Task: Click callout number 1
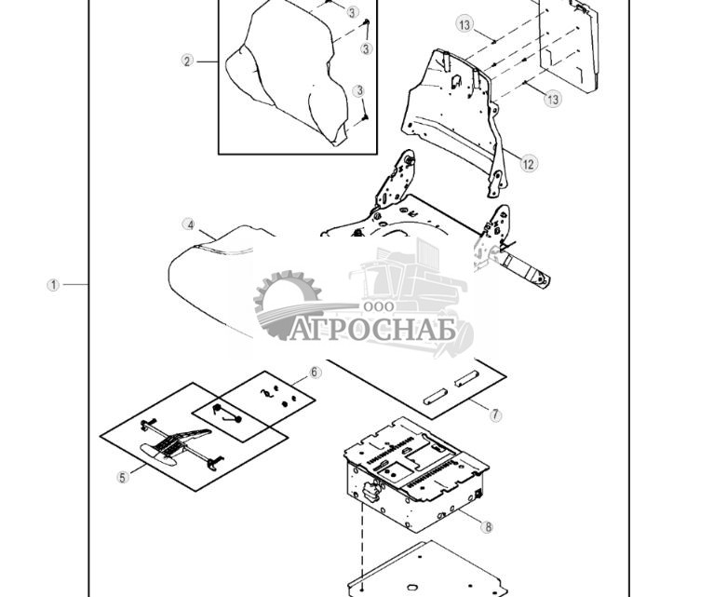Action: (54, 285)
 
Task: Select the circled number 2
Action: (187, 61)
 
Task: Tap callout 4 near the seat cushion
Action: (190, 224)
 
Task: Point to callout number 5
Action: (123, 478)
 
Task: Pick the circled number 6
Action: (315, 373)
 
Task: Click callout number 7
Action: (495, 415)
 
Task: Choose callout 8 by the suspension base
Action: (487, 526)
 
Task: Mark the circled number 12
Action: (529, 164)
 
